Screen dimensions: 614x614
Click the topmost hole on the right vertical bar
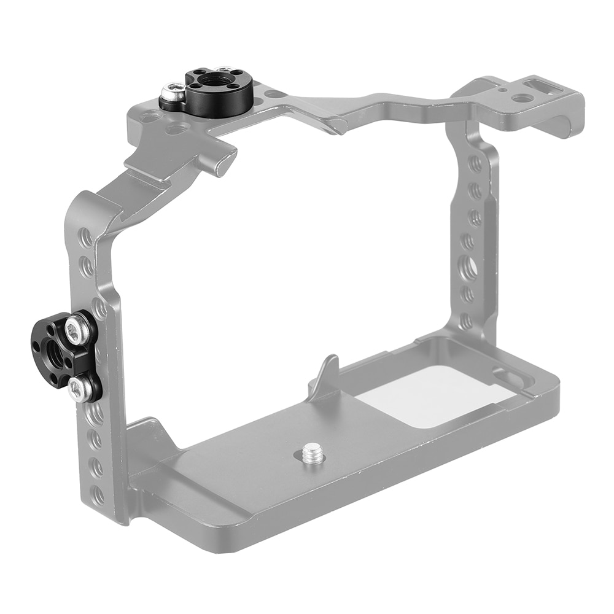pos(475,164)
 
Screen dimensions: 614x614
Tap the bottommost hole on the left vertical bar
pos(98,495)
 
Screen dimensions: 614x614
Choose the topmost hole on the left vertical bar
pos(86,237)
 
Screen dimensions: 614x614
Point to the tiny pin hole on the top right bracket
pos(503,90)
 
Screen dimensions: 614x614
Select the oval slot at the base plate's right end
pos(508,378)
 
